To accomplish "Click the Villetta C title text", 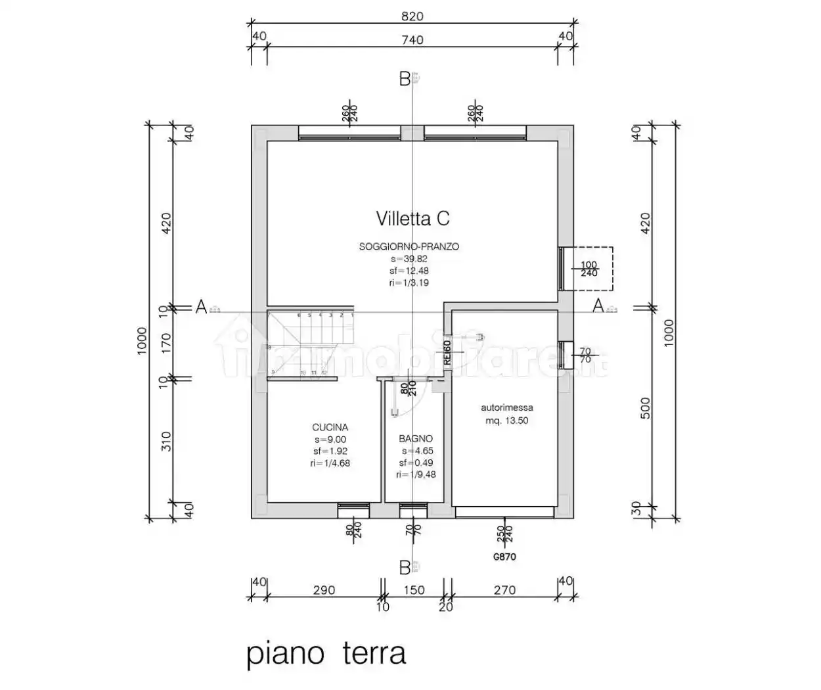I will click(x=412, y=218).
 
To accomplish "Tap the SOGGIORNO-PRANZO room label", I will click(x=409, y=246).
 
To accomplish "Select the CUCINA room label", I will click(x=330, y=427).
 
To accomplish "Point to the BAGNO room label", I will click(x=415, y=438).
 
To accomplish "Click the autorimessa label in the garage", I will click(x=506, y=407).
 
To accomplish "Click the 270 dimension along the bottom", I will click(x=504, y=590).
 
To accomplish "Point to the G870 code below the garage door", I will click(x=504, y=557).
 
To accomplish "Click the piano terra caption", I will click(x=326, y=654).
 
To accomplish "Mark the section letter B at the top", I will click(x=405, y=80).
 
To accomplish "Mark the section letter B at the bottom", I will click(x=405, y=566).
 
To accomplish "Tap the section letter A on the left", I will click(x=202, y=306).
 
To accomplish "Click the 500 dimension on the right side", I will click(x=645, y=408).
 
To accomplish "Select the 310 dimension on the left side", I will click(x=166, y=440).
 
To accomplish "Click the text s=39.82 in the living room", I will click(x=409, y=259).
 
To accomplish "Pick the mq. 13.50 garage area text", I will click(x=506, y=421).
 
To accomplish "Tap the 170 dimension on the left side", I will click(x=166, y=342).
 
